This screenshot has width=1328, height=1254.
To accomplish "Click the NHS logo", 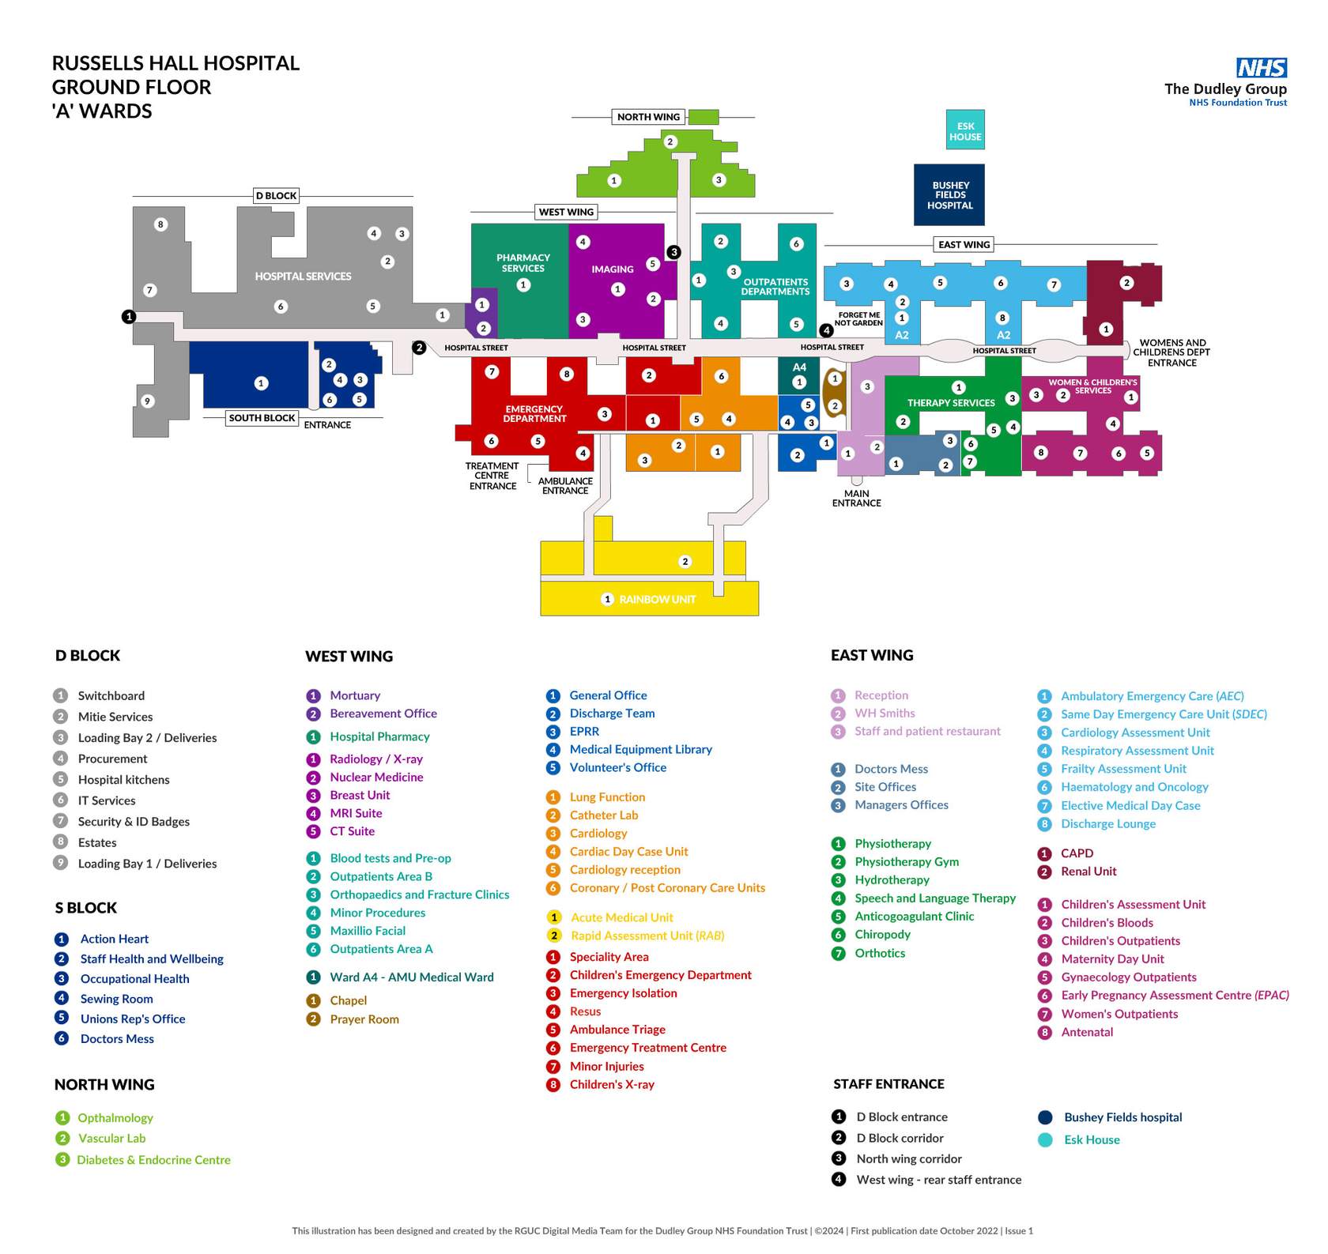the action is [1262, 67].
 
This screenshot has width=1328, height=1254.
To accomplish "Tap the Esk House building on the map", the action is [965, 130].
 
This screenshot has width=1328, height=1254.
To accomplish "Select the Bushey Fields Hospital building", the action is [949, 194].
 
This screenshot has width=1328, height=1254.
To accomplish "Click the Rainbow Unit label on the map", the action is [657, 600].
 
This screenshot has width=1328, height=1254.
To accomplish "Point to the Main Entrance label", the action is [856, 499].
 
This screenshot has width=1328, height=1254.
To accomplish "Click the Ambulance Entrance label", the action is [565, 486].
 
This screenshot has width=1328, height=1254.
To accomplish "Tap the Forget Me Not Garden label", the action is [858, 318].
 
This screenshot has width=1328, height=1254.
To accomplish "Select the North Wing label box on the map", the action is [648, 117].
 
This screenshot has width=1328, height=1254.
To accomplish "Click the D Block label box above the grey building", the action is [276, 196].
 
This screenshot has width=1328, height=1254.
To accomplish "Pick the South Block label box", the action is [262, 418].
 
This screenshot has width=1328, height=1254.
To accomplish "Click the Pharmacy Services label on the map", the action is [523, 263].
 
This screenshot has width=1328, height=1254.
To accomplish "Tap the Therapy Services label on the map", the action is [951, 403].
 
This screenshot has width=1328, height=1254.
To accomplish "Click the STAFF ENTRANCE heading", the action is [888, 1084].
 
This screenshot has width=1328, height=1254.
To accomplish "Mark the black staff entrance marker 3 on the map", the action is [673, 252].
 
